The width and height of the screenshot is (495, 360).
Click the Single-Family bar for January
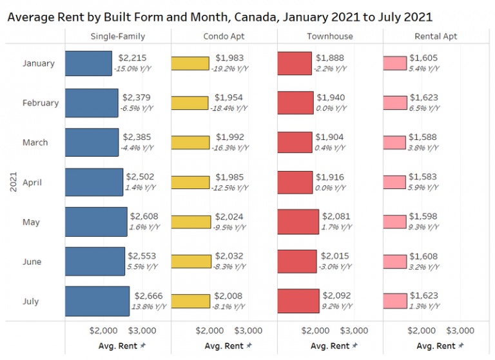click(88, 63)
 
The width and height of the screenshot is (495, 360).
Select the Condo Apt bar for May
click(191, 222)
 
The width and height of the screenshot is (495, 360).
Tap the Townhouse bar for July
click(298, 301)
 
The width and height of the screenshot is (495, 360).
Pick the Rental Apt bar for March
click(394, 143)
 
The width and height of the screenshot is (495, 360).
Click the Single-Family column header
click(117, 36)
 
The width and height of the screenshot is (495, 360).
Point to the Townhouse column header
click(329, 36)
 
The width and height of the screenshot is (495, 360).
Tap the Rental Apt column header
click(436, 36)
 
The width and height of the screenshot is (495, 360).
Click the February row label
click(40, 103)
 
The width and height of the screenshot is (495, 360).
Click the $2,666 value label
click(146, 296)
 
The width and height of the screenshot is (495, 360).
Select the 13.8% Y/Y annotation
click(149, 306)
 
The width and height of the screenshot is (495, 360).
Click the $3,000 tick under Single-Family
click(142, 331)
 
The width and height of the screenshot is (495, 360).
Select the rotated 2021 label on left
click(14, 183)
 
